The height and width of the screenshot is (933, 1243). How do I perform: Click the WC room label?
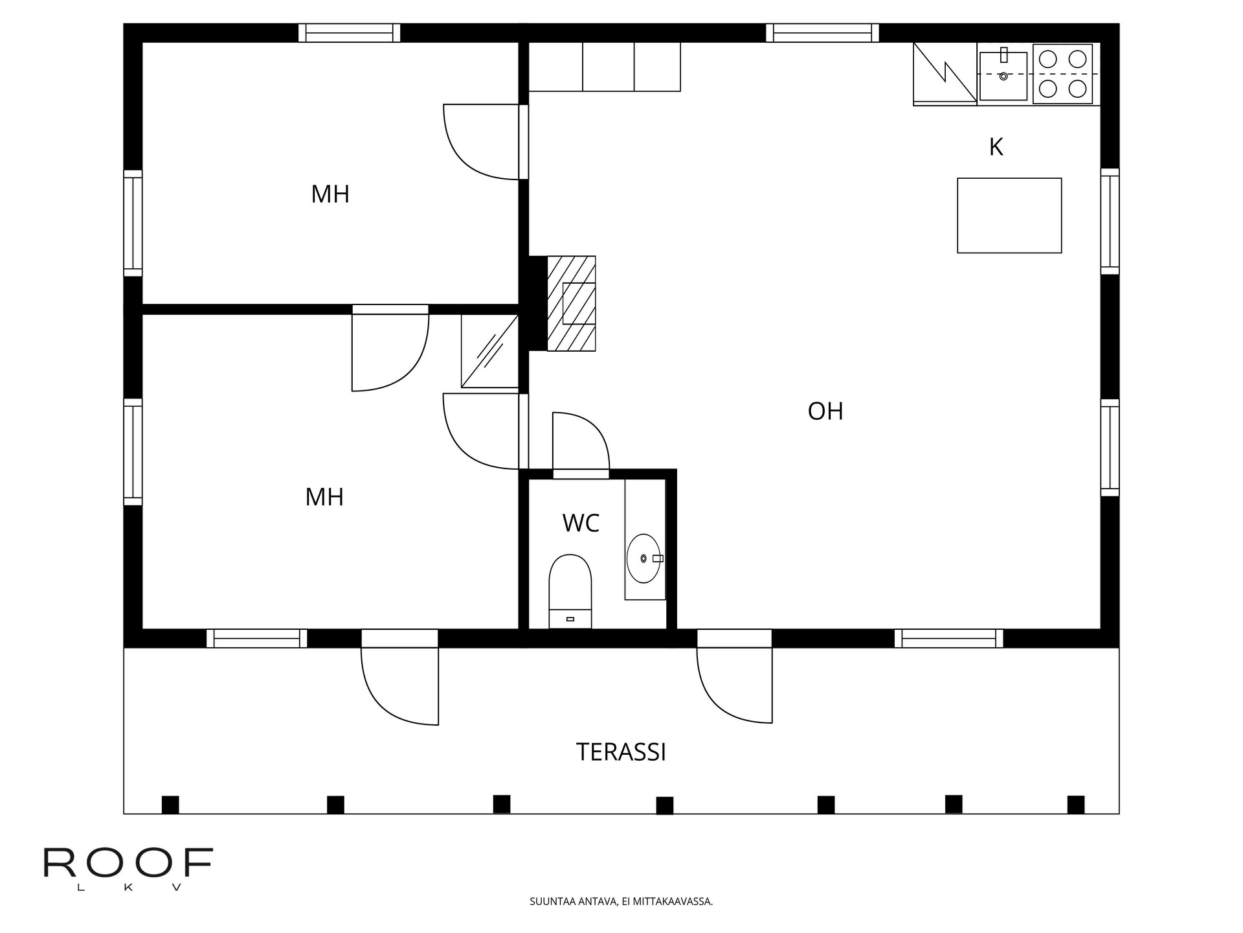581,523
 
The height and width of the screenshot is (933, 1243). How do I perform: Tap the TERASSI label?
621,752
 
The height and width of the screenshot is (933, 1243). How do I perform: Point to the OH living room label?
825,411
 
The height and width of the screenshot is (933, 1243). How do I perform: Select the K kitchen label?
996,147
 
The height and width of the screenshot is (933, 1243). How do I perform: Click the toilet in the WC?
570,591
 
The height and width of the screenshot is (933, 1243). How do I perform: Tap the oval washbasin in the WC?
644,558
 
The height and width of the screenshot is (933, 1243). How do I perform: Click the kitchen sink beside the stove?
1003,76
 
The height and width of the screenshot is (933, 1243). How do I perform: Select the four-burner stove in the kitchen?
1062,74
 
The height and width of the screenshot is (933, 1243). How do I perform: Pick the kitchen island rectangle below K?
1009,215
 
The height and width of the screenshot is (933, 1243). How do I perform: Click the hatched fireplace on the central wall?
571,303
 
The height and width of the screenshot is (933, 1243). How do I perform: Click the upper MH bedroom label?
330,194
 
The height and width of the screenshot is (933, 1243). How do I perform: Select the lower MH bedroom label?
324,498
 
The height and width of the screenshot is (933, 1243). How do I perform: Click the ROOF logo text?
128,862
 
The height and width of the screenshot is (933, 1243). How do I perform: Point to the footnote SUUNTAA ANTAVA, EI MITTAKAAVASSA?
621,901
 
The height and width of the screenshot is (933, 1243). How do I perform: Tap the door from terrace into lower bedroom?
399,686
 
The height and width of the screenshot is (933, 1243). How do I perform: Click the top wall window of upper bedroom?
349,32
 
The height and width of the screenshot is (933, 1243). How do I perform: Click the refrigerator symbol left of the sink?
945,73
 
